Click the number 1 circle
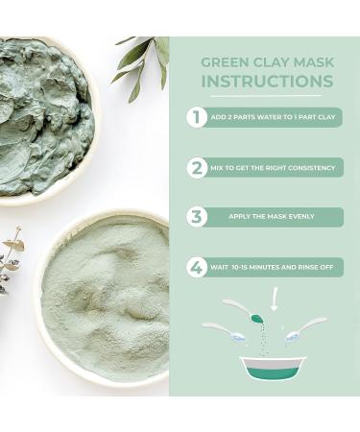[x=196, y=117]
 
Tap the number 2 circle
[x=196, y=167]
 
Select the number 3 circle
[x=196, y=216]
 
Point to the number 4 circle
[x=196, y=267]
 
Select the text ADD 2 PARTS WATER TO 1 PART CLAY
[x=273, y=117]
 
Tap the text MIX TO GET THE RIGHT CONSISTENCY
[x=273, y=167]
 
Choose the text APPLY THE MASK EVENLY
[x=273, y=217]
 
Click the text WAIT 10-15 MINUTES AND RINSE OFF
[x=273, y=267]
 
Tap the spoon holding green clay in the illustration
[x=246, y=311]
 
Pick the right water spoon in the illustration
[x=305, y=328]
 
